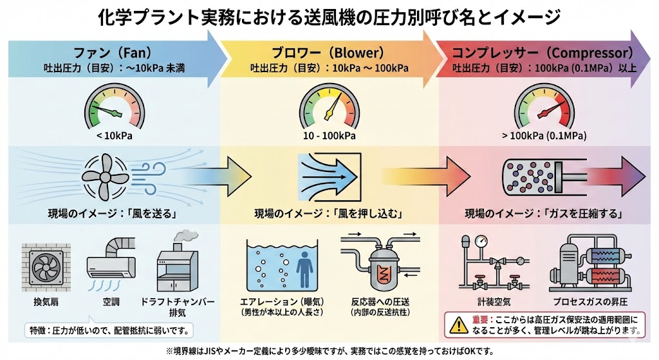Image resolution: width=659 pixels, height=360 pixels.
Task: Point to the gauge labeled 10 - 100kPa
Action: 329,106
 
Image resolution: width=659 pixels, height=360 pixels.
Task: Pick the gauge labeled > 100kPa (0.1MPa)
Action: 544,106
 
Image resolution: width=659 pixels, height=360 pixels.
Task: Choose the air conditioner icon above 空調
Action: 111,265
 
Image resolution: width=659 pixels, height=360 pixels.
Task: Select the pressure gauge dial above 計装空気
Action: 480,243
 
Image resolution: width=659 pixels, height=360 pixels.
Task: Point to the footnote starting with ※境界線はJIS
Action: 329,350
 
